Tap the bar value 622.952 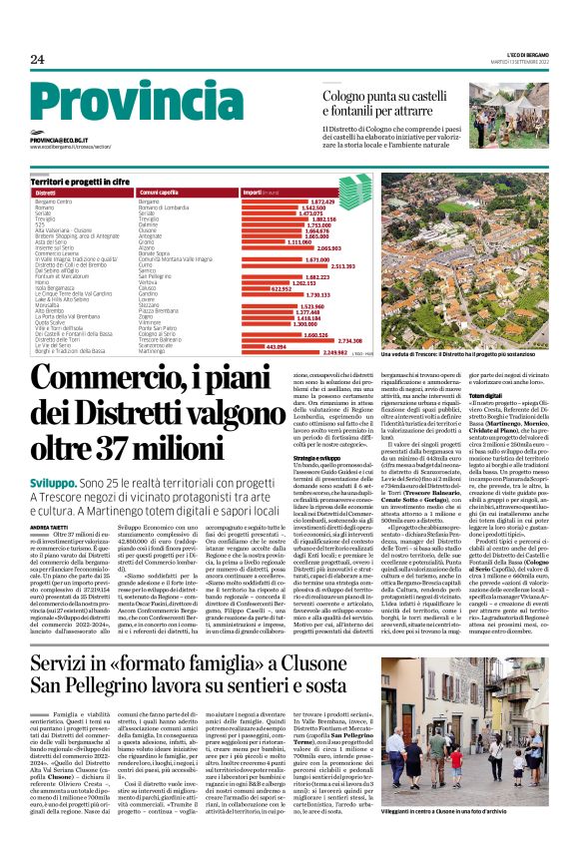point(258,288)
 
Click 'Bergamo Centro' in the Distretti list point(54,201)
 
